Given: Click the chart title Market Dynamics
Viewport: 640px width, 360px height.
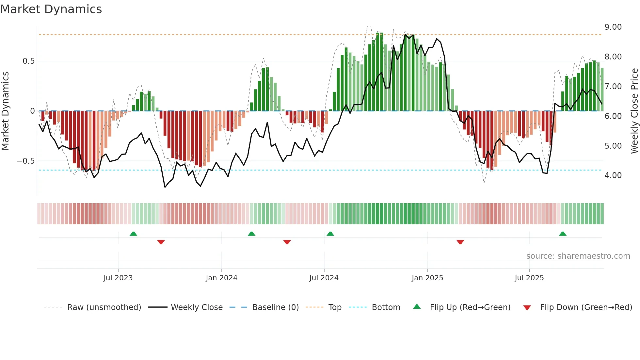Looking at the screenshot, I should pos(51,9).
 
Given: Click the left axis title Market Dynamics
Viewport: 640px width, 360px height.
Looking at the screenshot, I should pos(5,111).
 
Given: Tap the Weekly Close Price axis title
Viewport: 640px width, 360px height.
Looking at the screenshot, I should pos(634,111).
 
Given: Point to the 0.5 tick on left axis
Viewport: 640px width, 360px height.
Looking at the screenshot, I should pos(28,61).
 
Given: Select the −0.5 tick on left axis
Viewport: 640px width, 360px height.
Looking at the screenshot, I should pos(26,161).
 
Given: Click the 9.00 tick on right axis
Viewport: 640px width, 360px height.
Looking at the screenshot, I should pos(613,27).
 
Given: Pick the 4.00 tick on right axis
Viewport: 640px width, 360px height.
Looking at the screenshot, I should pos(613,175).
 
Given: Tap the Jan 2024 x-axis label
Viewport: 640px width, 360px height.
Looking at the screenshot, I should pos(221,278).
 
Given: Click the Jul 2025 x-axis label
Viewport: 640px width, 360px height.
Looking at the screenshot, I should pos(529,278).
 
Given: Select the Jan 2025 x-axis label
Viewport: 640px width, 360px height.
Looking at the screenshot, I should pos(427,278).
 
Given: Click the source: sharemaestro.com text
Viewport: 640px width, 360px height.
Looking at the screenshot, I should pos(578,256).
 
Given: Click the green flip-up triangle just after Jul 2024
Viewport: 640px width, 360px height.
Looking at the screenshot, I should pos(330,234).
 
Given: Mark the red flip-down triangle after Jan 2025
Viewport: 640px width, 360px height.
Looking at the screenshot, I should pos(460,242).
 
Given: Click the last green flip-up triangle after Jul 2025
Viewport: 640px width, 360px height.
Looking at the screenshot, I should pos(562,234).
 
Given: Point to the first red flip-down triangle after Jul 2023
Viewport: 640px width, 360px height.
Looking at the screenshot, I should pos(161,242).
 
